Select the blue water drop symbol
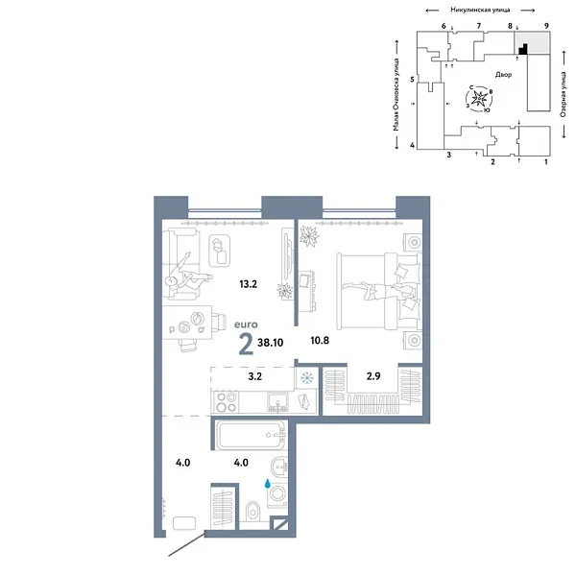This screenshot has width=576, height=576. point(267,487)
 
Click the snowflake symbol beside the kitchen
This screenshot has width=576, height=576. point(307,378)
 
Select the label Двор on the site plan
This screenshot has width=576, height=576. point(504,74)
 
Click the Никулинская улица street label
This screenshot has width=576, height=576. point(475,11)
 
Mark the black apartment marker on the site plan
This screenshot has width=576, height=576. point(522,49)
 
